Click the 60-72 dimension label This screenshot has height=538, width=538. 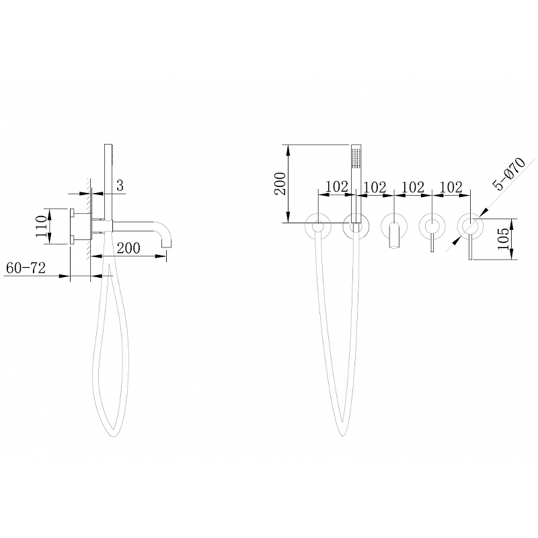[x=26, y=268]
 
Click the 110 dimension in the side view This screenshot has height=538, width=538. [x=41, y=226]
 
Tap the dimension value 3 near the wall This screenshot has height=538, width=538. [x=120, y=186]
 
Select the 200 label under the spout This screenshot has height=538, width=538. [x=128, y=247]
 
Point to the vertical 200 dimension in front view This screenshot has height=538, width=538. [x=280, y=184]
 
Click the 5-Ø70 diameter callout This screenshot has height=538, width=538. [x=509, y=174]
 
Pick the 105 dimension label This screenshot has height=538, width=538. [x=503, y=239]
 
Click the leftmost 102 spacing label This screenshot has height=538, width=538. [x=337, y=187]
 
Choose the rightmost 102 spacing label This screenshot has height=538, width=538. [x=451, y=188]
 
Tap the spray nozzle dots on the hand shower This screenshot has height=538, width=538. [x=356, y=158]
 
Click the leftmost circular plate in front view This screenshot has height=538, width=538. [x=318, y=226]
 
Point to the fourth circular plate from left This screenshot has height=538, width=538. [x=432, y=226]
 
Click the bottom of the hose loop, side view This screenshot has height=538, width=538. [x=114, y=436]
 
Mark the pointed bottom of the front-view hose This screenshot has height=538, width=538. [x=342, y=435]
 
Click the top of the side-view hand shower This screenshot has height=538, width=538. [x=108, y=145]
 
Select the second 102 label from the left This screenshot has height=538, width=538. [x=375, y=188]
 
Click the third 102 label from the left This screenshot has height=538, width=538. [x=413, y=188]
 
